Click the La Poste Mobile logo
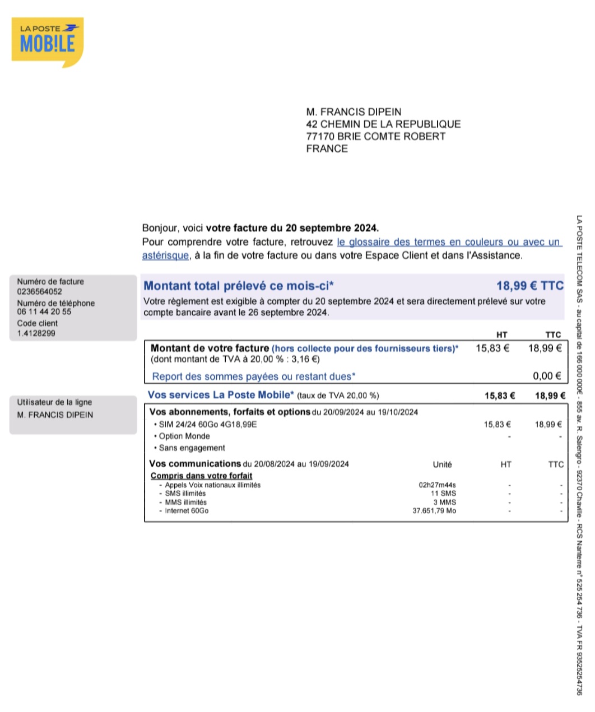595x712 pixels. point(47,41)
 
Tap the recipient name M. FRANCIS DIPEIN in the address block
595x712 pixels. point(354,112)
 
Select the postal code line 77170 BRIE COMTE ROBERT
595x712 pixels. point(375,137)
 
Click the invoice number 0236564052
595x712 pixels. point(39,291)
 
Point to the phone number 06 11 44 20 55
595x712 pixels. point(44,312)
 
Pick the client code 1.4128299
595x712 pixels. point(36,333)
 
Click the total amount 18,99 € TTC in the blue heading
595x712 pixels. point(529,286)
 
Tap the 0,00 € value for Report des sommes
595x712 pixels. point(547,376)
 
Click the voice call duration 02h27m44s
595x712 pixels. point(437,485)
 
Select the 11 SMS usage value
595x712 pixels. point(443,494)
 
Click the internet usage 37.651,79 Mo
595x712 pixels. point(434,511)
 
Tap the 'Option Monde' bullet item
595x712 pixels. point(184,436)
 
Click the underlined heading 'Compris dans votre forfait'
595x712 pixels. point(201,476)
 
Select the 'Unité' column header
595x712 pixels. point(442,464)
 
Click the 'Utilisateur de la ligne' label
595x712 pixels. point(54,402)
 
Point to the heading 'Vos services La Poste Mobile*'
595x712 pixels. point(220,395)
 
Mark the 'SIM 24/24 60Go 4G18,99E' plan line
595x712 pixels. point(207,425)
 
